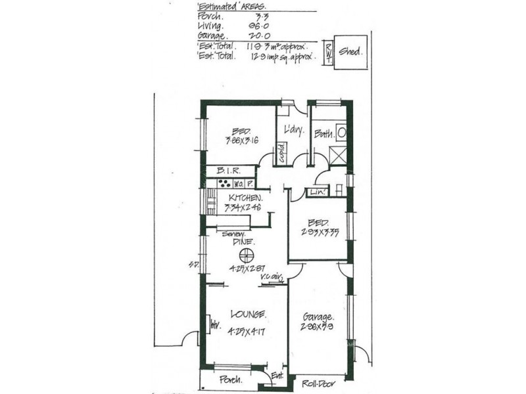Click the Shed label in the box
click(349, 51)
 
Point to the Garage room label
click(318, 315)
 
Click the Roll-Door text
click(317, 382)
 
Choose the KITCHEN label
click(246, 198)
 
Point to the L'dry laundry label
click(293, 131)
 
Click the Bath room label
click(323, 133)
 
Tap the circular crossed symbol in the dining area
click(247, 256)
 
